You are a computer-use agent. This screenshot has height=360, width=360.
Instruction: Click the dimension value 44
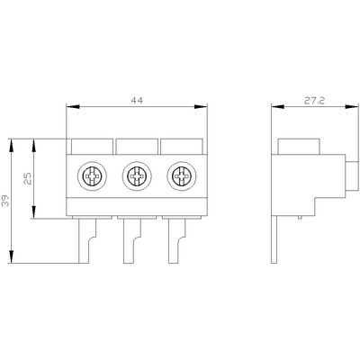point(137,101)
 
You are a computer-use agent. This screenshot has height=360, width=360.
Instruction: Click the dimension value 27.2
point(314,101)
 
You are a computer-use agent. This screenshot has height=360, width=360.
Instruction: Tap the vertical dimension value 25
point(27,178)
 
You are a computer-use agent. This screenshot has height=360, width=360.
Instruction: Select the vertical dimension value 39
point(5,201)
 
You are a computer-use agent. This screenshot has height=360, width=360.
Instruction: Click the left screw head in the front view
point(92,175)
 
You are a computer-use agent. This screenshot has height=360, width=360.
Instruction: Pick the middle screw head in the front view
point(137,175)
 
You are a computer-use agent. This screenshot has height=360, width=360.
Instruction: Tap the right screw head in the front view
point(182,175)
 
